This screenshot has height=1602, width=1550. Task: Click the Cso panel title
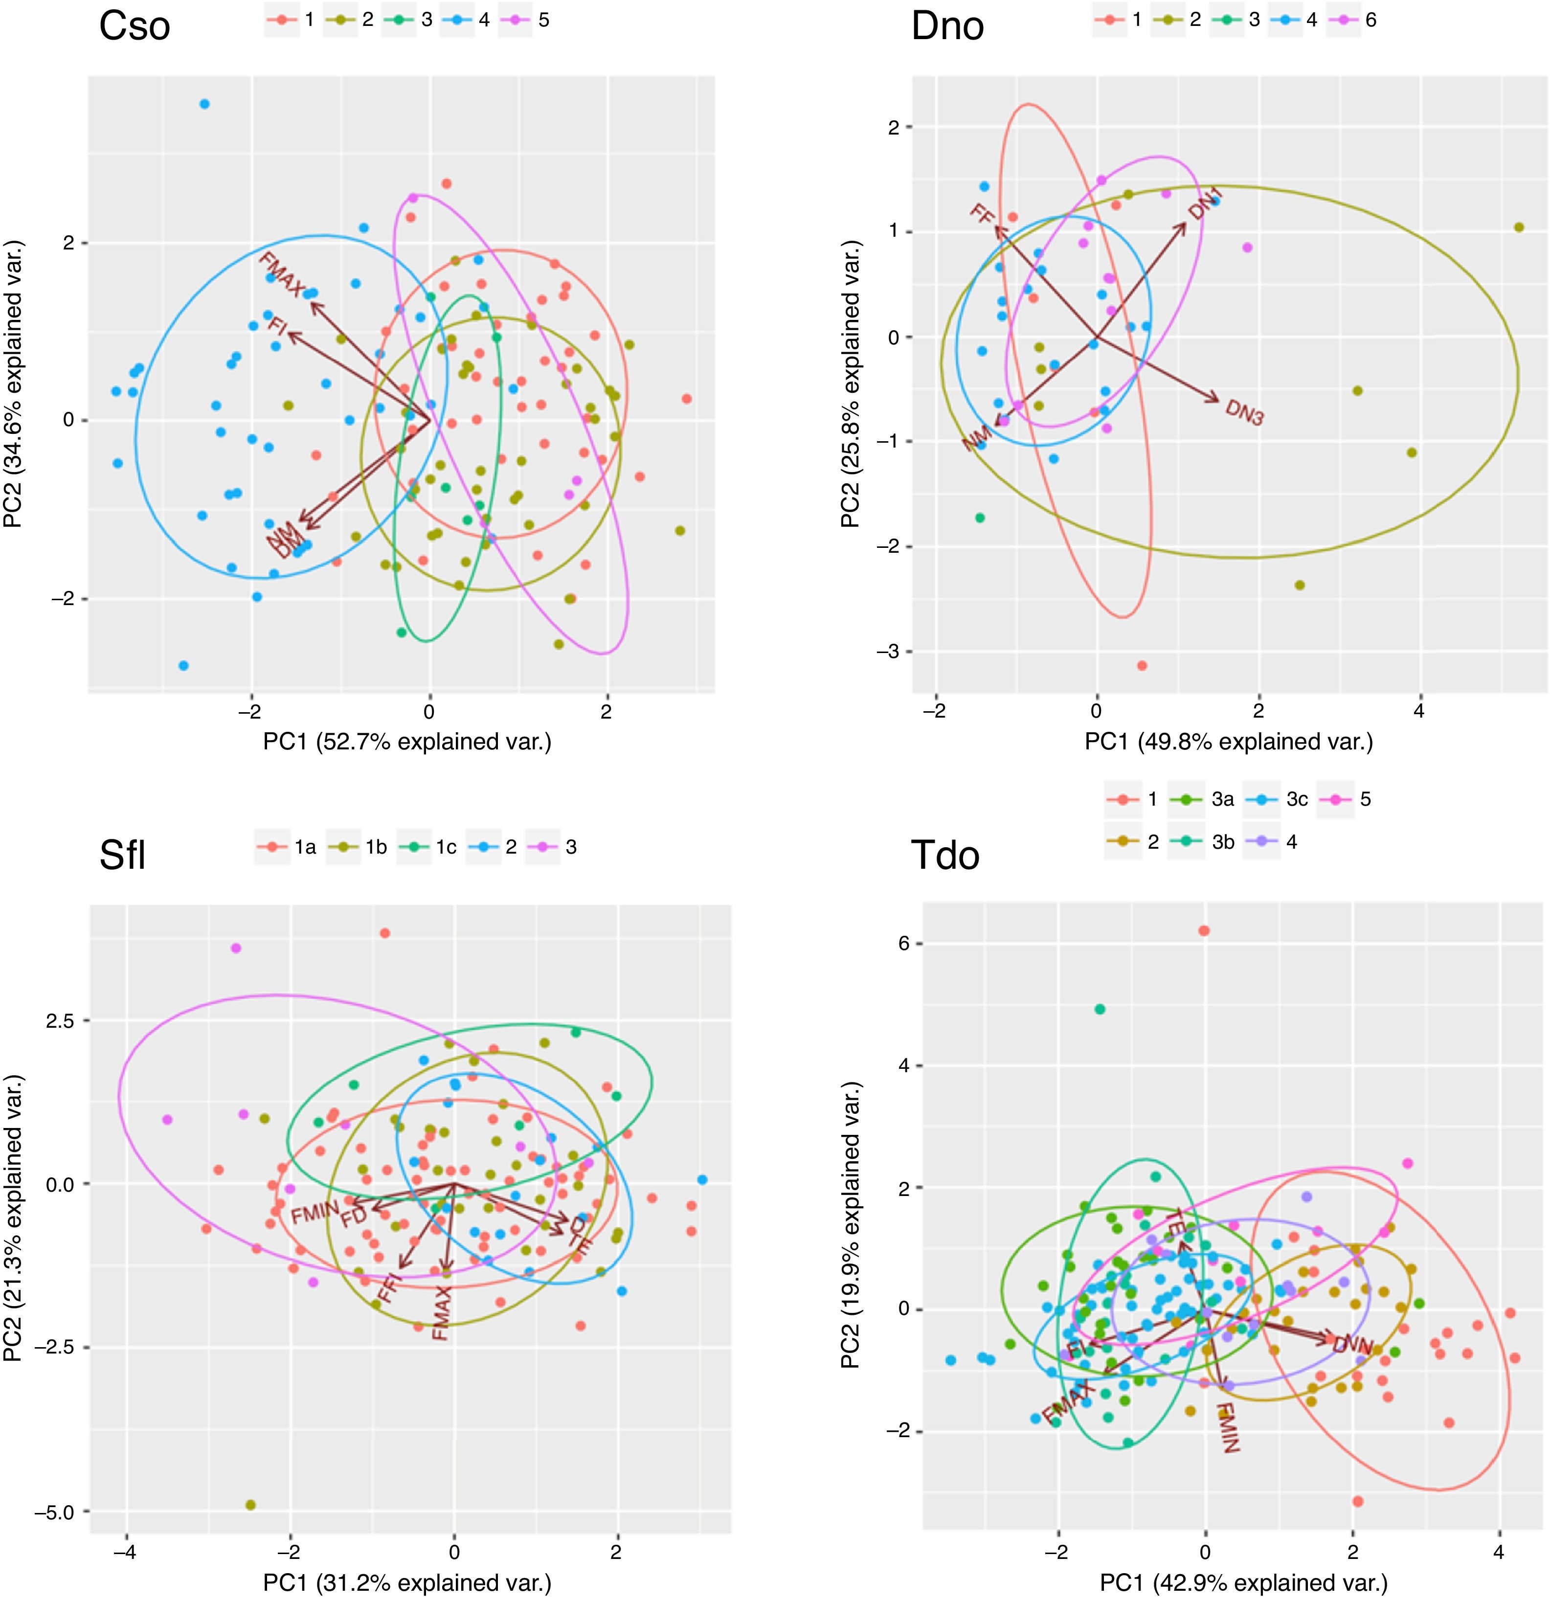135,26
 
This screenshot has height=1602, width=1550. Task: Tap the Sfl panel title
123,855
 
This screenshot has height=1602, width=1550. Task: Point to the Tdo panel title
945,855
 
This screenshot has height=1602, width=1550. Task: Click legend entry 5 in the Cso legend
533,20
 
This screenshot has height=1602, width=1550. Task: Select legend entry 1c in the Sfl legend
433,847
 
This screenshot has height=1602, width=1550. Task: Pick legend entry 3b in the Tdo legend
1209,842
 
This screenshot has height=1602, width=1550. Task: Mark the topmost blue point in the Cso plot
204,104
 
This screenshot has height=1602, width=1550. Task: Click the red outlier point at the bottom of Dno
1142,665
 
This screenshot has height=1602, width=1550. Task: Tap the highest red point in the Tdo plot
1204,930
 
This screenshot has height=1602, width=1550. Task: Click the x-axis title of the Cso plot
407,742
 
